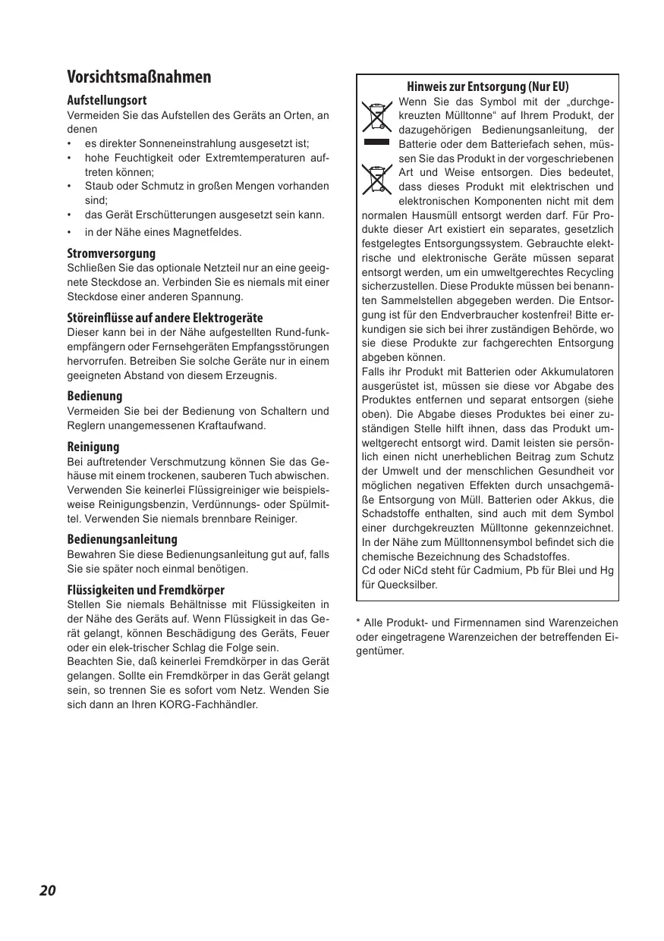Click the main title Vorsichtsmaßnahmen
[139, 77]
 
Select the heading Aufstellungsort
[107, 100]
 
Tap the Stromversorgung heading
[111, 253]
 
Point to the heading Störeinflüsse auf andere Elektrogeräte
[165, 317]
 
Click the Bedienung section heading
[94, 396]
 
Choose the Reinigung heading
[93, 447]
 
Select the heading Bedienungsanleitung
[122, 539]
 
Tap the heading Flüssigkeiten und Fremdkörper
[146, 589]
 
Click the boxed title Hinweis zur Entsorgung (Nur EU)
[487, 86]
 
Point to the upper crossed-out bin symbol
[376, 115]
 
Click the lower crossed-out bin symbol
[376, 179]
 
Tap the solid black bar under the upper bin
[376, 141]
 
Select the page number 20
[48, 890]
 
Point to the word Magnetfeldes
[205, 232]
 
